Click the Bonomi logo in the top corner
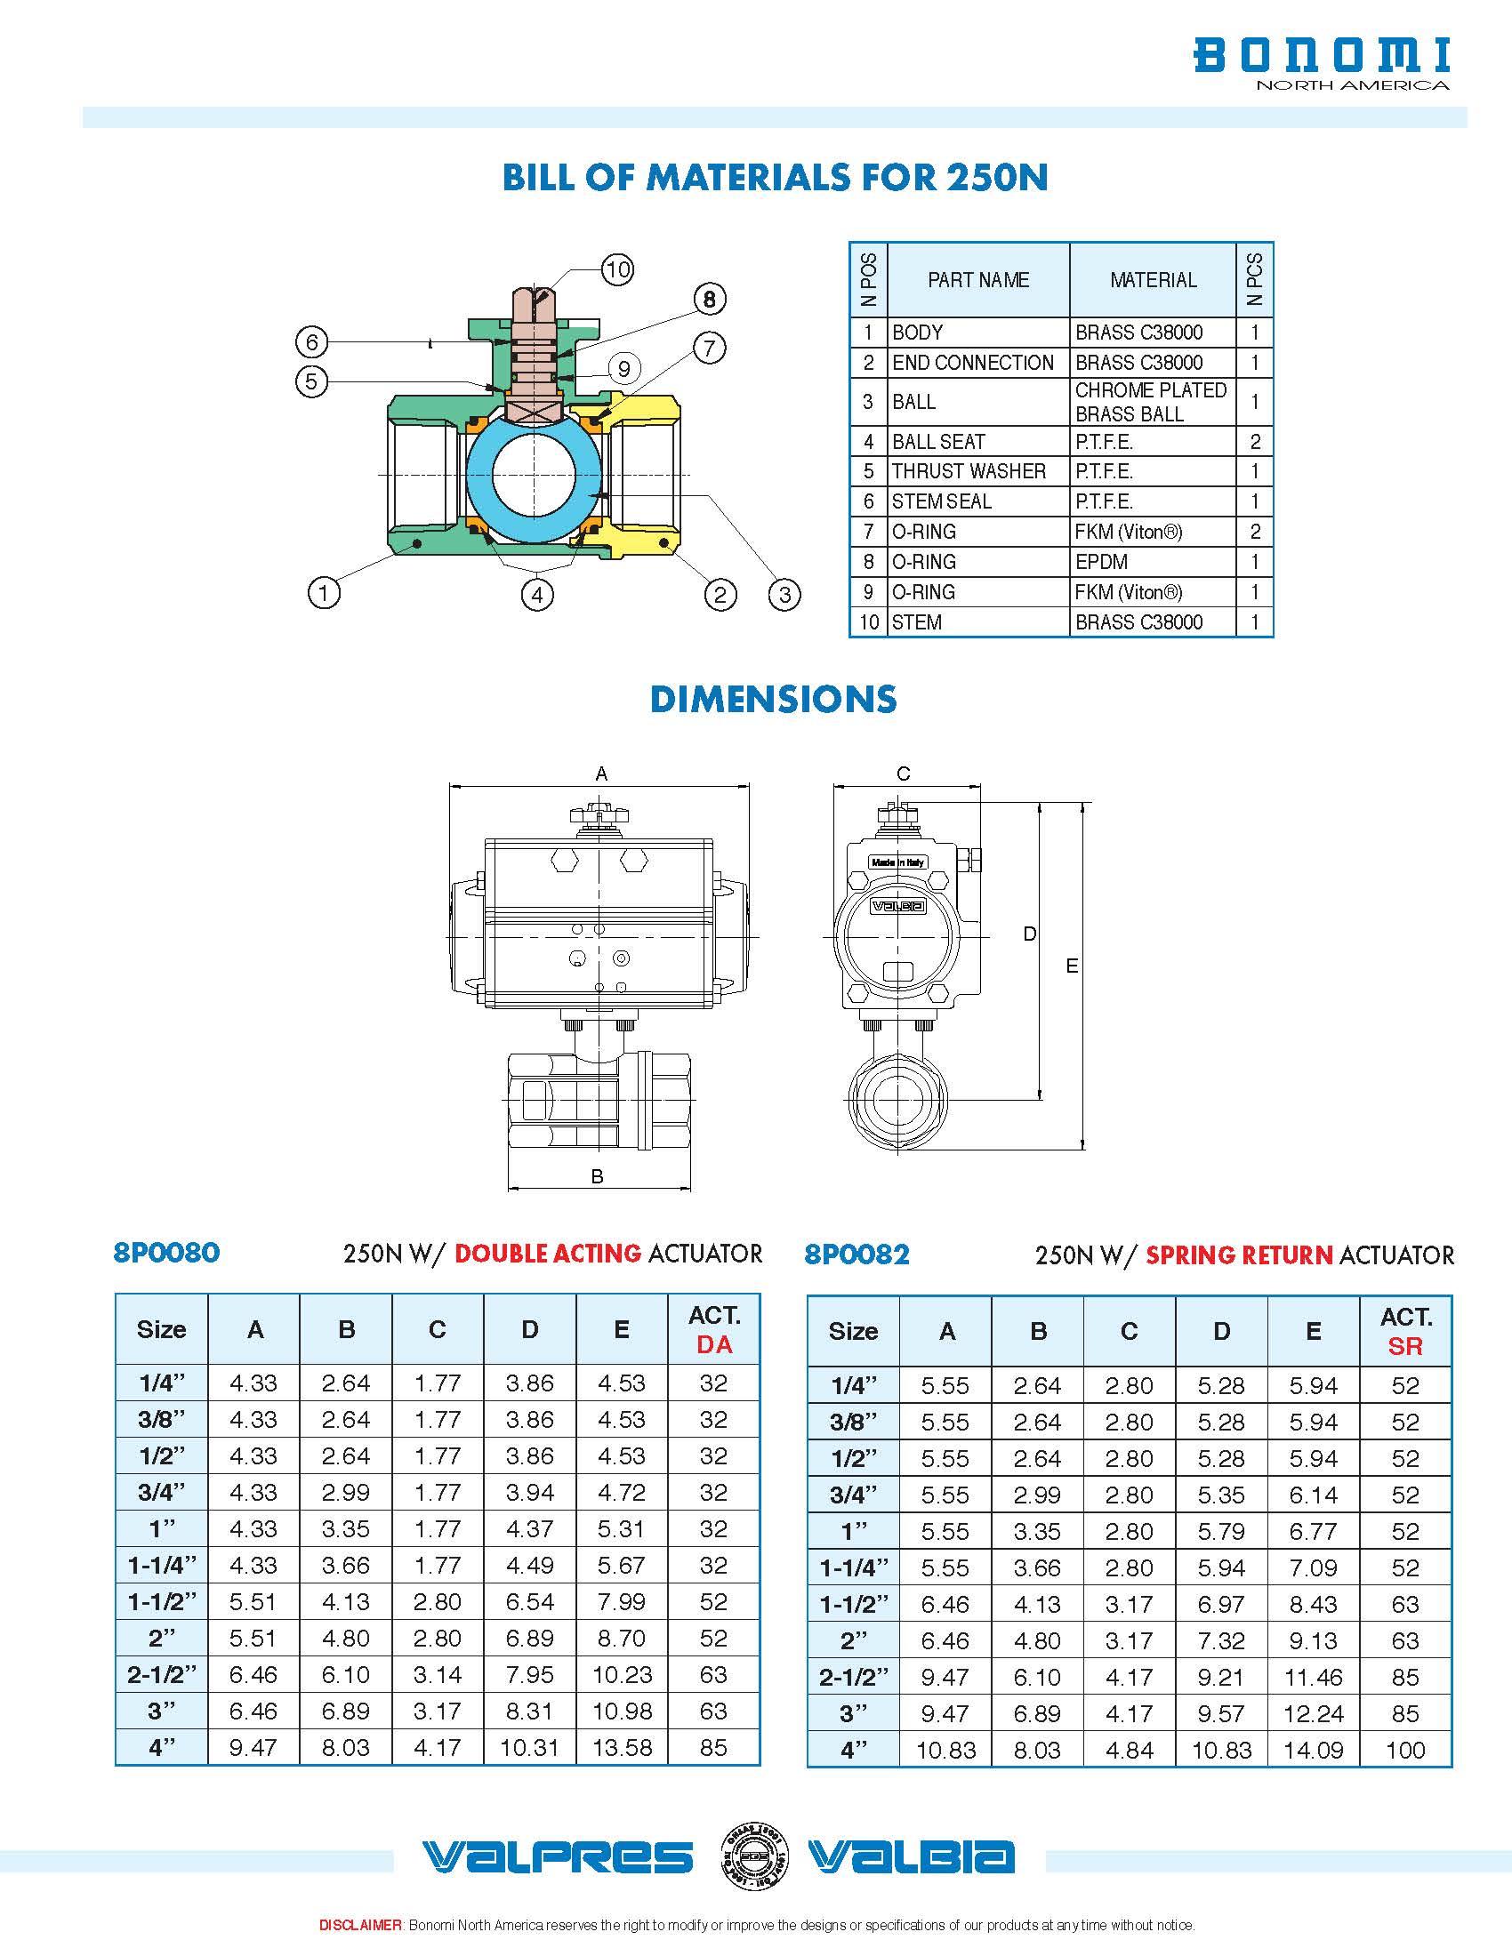click(x=1321, y=62)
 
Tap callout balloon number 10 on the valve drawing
click(x=617, y=269)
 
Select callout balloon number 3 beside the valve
click(x=784, y=594)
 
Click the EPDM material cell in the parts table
click(x=1101, y=562)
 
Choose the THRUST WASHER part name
click(x=969, y=471)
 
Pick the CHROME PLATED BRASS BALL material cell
click(x=1150, y=402)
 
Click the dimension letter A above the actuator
click(x=601, y=773)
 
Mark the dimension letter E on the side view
click(x=1072, y=966)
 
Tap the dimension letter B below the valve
click(x=598, y=1176)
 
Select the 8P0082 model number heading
click(x=857, y=1254)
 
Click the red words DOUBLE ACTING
click(x=547, y=1253)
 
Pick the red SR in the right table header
click(x=1404, y=1345)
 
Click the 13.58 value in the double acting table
click(x=622, y=1747)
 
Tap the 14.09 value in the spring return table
click(x=1313, y=1749)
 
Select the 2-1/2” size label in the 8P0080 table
click(x=161, y=1675)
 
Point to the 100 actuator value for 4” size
click(x=1404, y=1749)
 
